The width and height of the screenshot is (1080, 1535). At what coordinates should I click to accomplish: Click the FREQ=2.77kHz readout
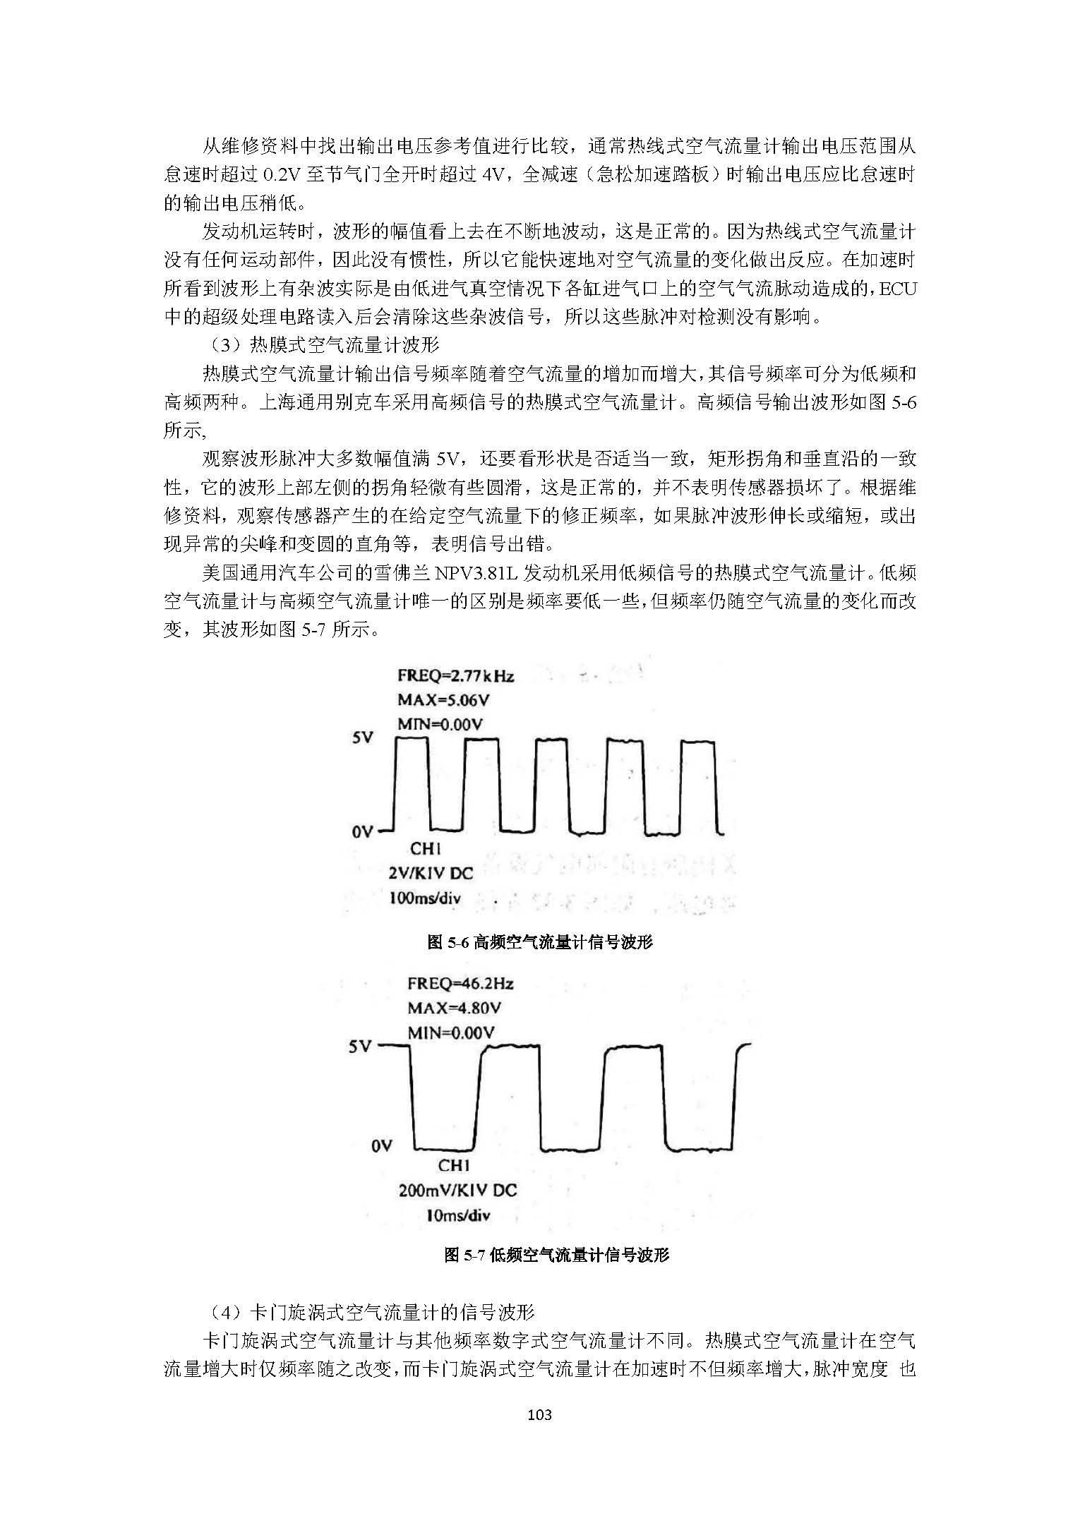(455, 675)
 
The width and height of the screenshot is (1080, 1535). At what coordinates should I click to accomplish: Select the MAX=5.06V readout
(443, 700)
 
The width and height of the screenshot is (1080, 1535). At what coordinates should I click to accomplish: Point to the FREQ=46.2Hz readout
(460, 984)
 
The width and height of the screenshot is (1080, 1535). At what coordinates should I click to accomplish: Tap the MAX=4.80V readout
(454, 1008)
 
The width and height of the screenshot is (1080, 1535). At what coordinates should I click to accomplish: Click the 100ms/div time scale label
(424, 898)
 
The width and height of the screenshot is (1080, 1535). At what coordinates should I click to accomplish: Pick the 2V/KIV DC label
(430, 873)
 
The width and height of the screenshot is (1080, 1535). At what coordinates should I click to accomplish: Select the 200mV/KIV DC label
(457, 1191)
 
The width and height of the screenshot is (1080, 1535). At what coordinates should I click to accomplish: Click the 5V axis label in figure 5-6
(363, 738)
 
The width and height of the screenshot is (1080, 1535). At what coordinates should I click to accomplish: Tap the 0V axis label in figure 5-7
(381, 1146)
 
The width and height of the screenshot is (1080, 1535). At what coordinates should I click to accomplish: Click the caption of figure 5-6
(540, 942)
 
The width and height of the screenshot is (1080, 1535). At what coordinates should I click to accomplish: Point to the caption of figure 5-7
(556, 1254)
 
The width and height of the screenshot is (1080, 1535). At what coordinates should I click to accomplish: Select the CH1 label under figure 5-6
(425, 849)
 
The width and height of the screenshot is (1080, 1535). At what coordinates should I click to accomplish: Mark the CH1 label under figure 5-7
(454, 1166)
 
